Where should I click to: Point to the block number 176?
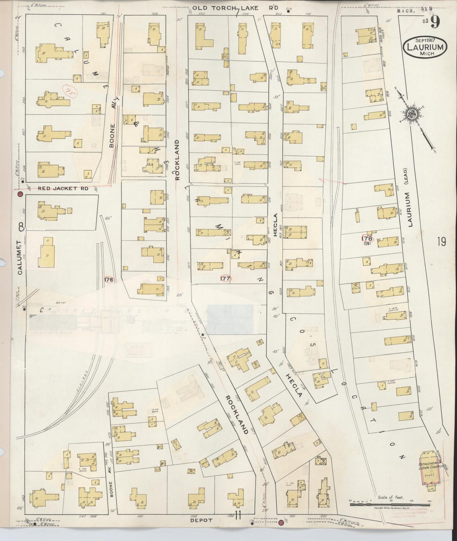[109, 280]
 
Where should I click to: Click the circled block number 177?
[226, 278]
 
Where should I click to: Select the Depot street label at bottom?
[202, 520]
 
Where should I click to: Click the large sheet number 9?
[436, 23]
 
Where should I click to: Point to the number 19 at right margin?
[442, 242]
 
